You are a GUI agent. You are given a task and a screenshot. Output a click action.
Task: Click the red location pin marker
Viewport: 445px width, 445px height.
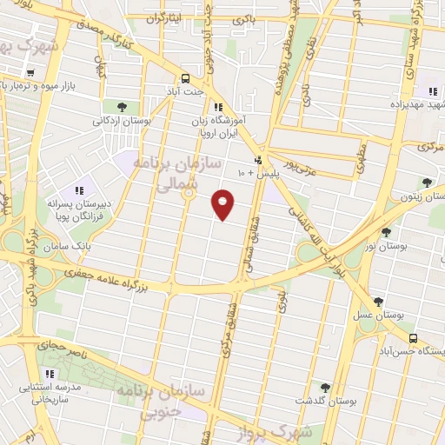coord(224,204)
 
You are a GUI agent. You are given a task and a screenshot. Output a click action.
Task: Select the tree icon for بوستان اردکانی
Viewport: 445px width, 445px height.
coord(123,107)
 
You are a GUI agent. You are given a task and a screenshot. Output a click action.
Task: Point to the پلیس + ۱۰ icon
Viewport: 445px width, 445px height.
coord(258,161)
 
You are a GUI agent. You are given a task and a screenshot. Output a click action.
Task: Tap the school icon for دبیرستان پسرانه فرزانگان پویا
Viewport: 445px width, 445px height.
coord(78,189)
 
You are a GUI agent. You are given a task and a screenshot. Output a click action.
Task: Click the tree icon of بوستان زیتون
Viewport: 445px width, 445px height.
coord(427,183)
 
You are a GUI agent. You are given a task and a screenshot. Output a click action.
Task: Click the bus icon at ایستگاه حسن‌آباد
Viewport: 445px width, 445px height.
coord(413,338)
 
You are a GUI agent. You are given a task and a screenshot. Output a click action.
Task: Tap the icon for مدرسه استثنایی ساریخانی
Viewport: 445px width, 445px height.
coord(50,374)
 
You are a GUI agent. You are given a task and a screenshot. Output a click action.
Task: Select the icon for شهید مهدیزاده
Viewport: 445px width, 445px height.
coord(432,91)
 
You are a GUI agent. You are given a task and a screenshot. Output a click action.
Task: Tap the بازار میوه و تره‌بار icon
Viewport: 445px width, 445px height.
coord(30,86)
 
